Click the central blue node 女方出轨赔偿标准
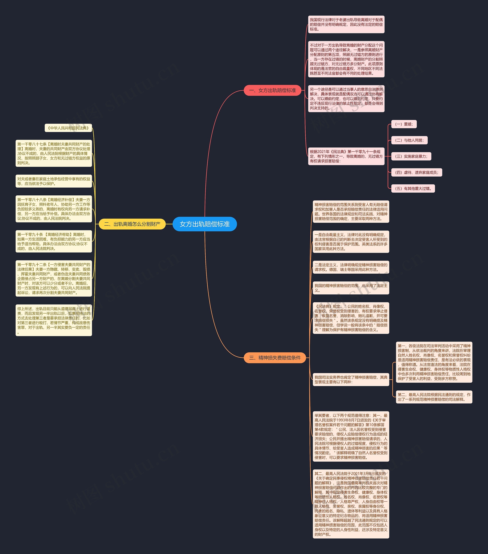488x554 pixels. point(205,224)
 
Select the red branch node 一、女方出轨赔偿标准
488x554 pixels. point(272,90)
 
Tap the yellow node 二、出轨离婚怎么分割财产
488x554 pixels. point(132,224)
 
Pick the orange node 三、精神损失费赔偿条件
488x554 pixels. point(275,357)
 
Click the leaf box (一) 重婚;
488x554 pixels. point(404,124)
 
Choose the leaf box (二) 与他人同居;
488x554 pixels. point(409,140)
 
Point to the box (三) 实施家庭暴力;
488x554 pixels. point(411,156)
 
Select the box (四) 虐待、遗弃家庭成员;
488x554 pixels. point(416,172)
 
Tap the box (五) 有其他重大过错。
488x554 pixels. point(413,188)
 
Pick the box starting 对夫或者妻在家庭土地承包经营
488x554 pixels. point(54,181)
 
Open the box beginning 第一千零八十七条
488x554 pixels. point(54,153)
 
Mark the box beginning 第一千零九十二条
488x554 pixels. point(54,278)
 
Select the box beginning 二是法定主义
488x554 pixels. point(351,267)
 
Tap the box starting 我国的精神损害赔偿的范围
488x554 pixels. point(351,288)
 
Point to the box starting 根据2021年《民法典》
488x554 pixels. point(346,156)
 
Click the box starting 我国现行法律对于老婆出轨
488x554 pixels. point(346,24)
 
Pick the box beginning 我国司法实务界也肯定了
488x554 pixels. point(351,379)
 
